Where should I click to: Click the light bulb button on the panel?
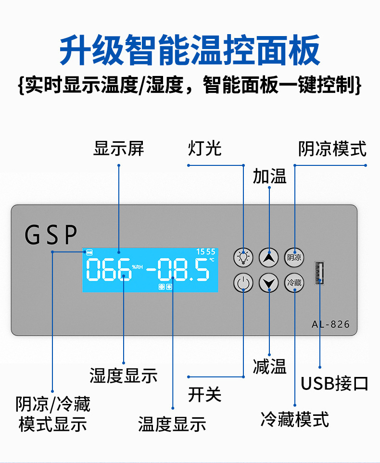click(243, 257)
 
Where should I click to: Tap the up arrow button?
click(269, 257)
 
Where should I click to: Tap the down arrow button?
click(269, 283)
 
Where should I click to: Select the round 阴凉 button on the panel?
click(294, 257)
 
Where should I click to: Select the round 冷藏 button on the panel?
click(294, 283)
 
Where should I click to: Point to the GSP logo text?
click(51, 235)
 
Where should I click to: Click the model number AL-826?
click(330, 324)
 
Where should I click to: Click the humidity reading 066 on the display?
click(108, 270)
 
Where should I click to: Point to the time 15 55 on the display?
click(205, 251)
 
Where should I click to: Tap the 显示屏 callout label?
click(118, 149)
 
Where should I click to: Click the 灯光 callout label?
click(205, 149)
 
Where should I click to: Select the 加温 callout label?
click(269, 176)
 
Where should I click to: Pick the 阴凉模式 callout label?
click(332, 149)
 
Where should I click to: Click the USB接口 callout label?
click(334, 384)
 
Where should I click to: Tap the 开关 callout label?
click(205, 395)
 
